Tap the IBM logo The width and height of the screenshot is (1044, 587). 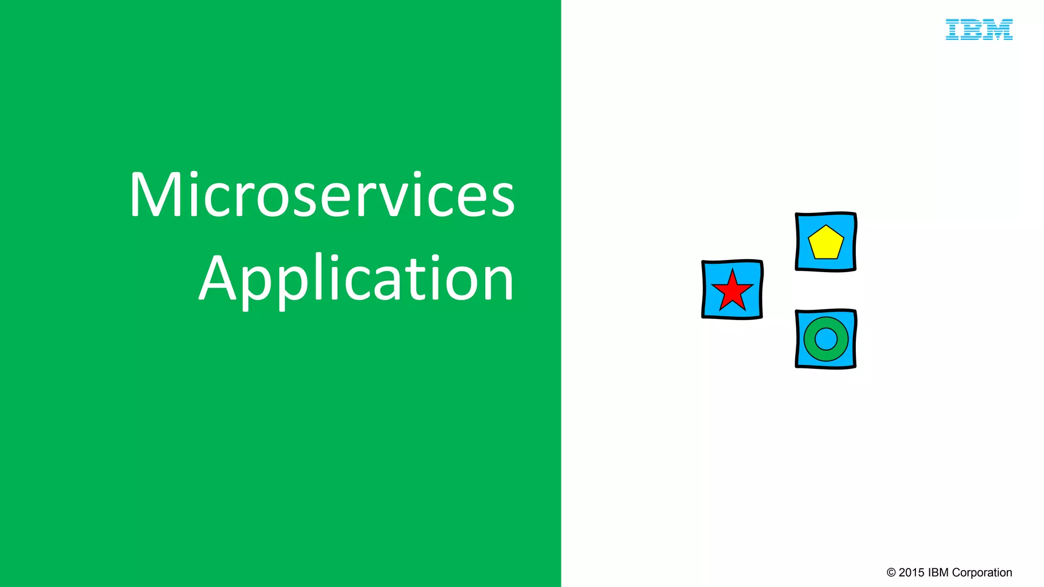(x=979, y=30)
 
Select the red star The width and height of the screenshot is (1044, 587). (x=732, y=292)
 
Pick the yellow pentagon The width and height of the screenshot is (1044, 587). (x=826, y=243)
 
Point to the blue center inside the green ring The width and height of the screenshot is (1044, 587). (x=826, y=339)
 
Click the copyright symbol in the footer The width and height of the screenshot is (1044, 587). (x=891, y=573)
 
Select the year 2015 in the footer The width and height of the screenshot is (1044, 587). (x=911, y=573)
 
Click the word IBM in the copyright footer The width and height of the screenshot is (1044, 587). (x=938, y=573)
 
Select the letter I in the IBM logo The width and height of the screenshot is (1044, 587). (x=952, y=30)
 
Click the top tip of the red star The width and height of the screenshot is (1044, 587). (x=733, y=270)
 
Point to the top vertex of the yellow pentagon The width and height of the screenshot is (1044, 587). (x=826, y=226)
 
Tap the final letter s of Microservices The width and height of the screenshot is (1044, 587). (x=502, y=200)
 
